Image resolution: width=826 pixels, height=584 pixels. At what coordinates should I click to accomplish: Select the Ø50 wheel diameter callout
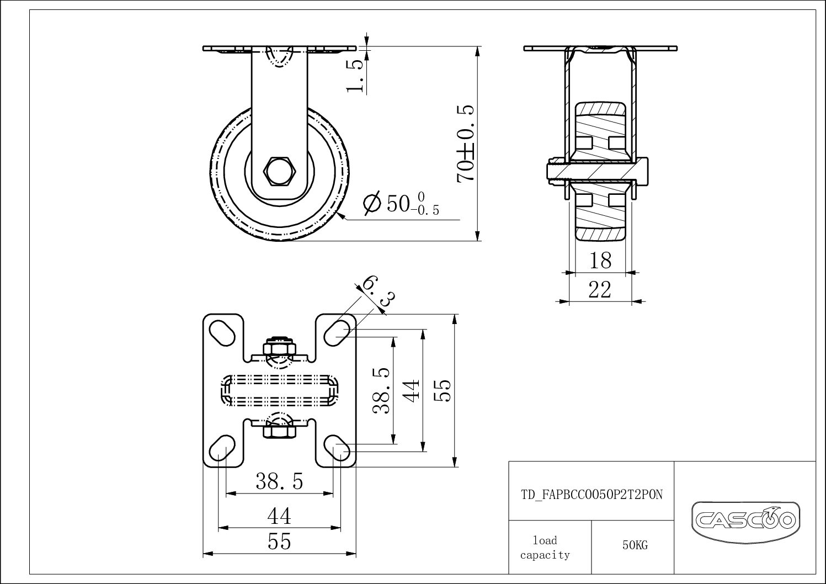(x=401, y=204)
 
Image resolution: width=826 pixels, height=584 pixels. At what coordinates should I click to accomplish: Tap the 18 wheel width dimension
(x=600, y=261)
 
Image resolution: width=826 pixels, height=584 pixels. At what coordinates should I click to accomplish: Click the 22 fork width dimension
(x=600, y=289)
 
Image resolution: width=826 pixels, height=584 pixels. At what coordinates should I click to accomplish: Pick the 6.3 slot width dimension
(x=379, y=292)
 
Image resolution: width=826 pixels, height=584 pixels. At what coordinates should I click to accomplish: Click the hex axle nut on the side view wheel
(x=280, y=172)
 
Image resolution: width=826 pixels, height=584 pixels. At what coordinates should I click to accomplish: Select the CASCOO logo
(x=745, y=519)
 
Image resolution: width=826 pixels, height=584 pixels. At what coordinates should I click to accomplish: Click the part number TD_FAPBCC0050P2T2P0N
(x=591, y=495)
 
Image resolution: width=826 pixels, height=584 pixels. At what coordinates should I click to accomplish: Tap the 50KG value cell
(x=635, y=545)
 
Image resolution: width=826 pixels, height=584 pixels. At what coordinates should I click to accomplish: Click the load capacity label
(x=545, y=548)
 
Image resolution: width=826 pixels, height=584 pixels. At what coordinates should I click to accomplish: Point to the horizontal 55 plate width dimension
(x=279, y=542)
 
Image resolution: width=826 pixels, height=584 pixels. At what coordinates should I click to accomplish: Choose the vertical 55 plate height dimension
(x=445, y=391)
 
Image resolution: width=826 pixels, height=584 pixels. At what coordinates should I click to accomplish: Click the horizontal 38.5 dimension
(x=279, y=482)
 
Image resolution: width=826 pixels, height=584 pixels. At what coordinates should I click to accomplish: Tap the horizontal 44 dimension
(x=279, y=517)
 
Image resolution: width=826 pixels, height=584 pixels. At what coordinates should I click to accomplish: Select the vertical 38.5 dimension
(x=382, y=391)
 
